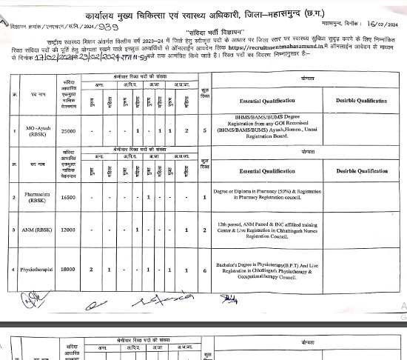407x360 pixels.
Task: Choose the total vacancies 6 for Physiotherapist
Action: [205, 270]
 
